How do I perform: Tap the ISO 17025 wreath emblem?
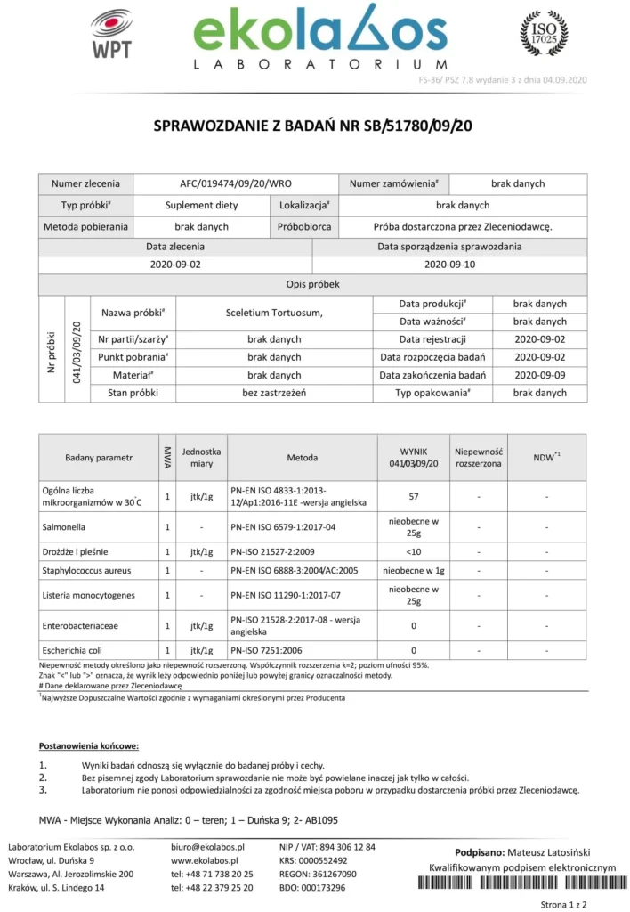(543, 34)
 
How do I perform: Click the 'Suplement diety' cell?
(201, 205)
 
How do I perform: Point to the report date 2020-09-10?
(449, 265)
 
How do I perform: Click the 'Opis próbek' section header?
(312, 284)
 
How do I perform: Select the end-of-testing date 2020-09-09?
(540, 375)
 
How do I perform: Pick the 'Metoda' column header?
(302, 458)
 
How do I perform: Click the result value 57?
(414, 496)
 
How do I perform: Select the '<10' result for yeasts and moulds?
(414, 551)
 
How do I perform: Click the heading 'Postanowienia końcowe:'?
(89, 745)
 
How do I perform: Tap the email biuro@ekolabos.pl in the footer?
(207, 847)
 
